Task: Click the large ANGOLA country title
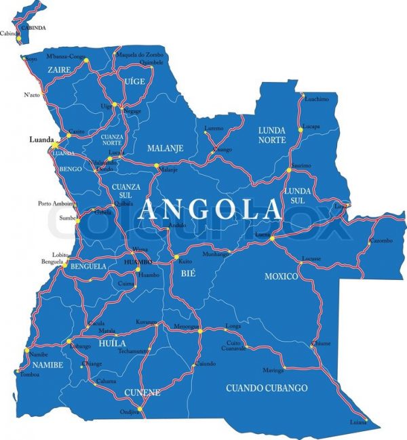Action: click(209, 208)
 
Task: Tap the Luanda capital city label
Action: click(41, 140)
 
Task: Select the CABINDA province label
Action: click(33, 28)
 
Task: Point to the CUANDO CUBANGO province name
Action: click(266, 388)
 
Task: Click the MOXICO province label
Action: click(281, 277)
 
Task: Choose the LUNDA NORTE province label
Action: click(271, 135)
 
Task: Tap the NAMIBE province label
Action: click(47, 365)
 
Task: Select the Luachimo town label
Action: click(316, 99)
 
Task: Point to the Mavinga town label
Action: click(273, 370)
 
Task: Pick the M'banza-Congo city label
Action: click(66, 56)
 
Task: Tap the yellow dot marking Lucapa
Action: click(299, 129)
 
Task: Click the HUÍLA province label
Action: click(113, 344)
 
